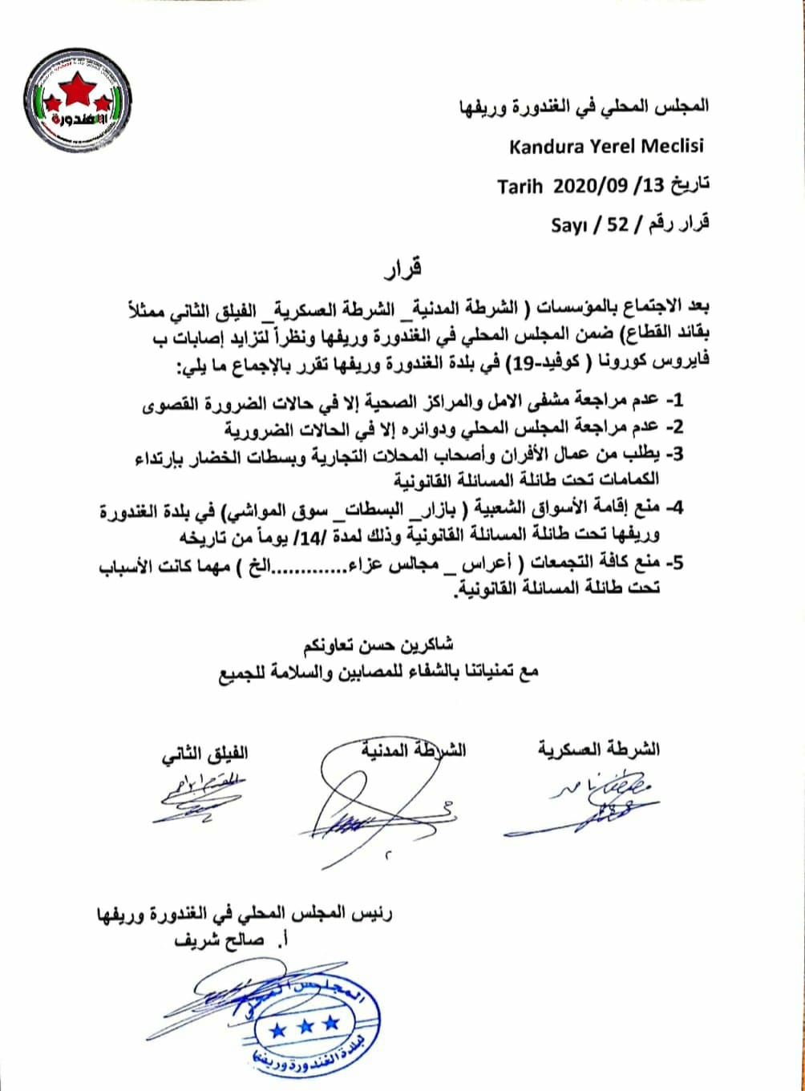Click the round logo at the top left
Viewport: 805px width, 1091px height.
(78, 99)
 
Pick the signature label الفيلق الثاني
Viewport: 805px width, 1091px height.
(204, 754)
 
